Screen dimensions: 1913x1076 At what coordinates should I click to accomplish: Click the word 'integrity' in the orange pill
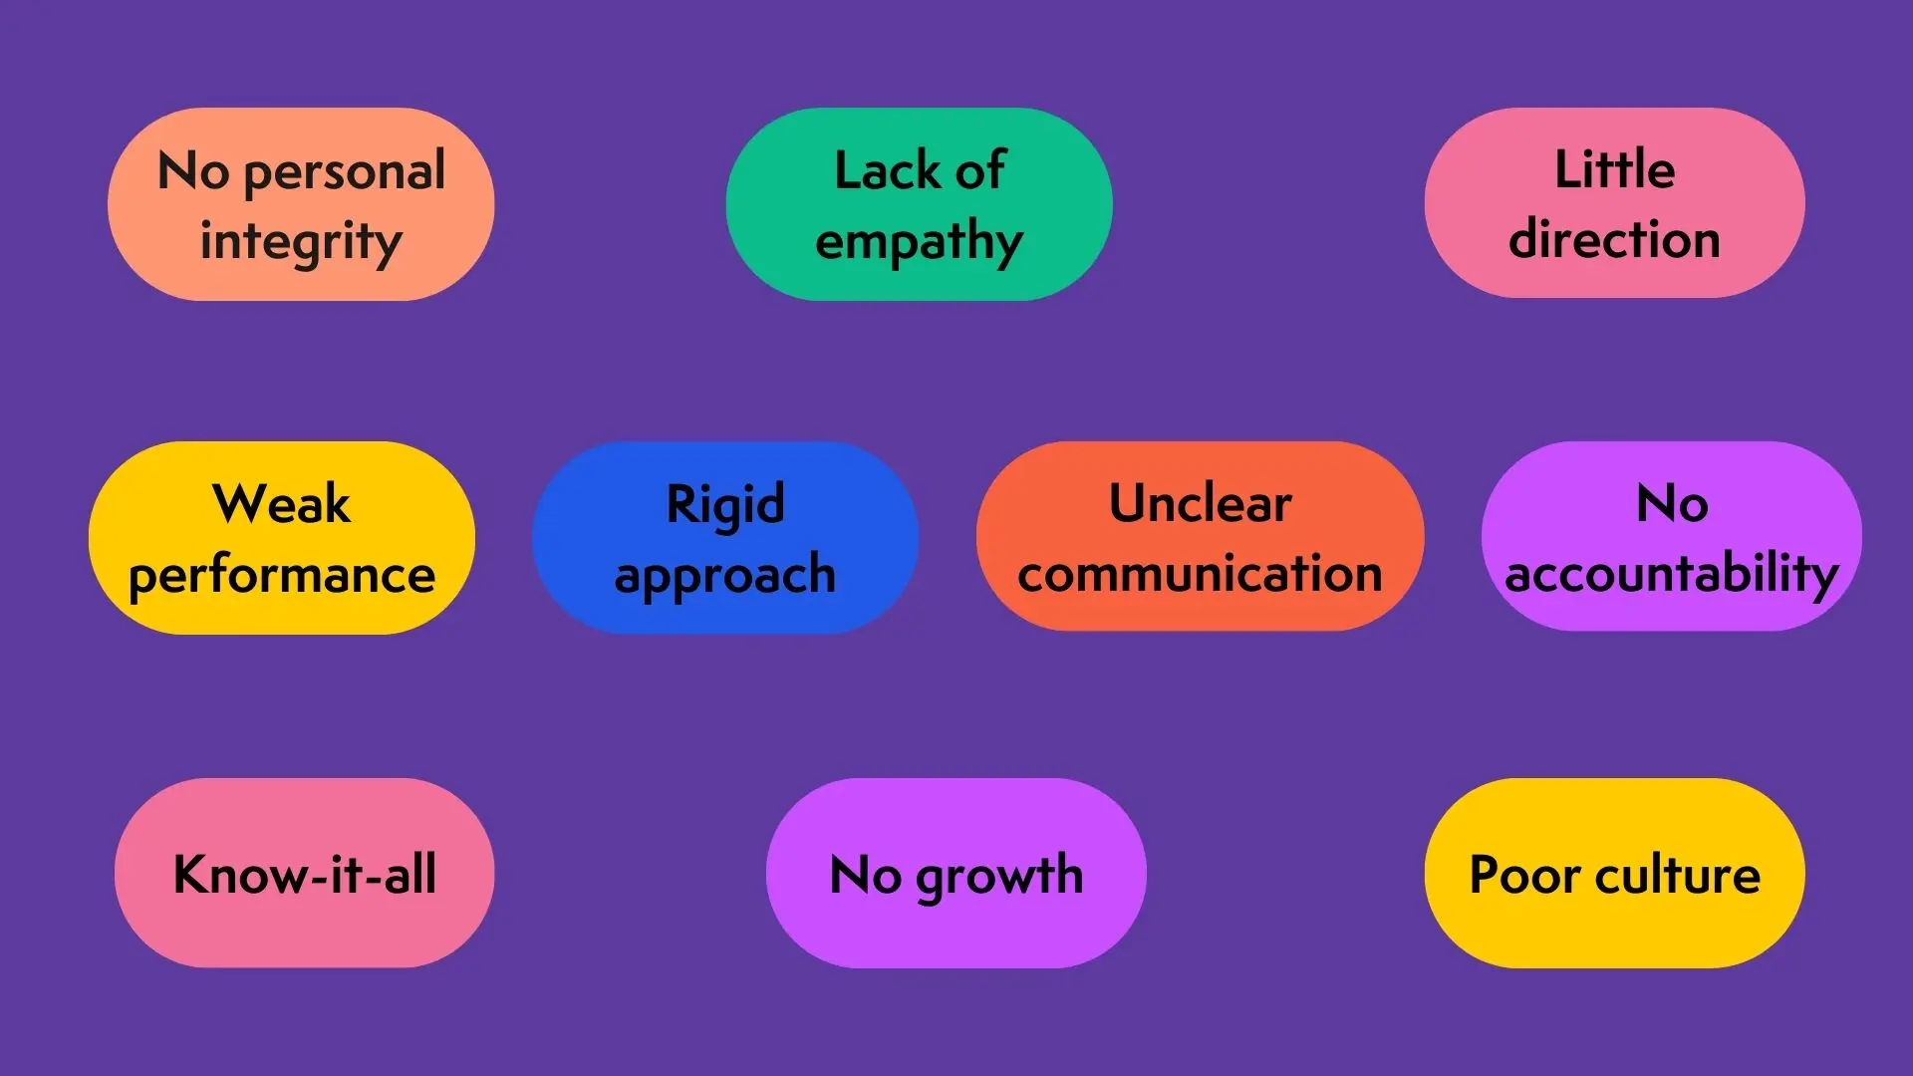[x=301, y=243]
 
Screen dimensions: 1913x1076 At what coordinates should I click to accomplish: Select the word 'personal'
[x=345, y=172]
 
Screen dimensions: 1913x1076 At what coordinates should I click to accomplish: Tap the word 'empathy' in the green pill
[x=919, y=243]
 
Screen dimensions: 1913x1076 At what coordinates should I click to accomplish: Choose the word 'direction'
[x=1614, y=239]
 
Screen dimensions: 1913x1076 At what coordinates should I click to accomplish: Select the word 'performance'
[x=282, y=576]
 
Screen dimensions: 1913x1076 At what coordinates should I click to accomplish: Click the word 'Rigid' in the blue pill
[x=725, y=505]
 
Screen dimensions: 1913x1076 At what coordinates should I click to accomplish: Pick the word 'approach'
[x=725, y=576]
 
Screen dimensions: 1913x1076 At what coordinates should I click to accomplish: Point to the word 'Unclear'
[x=1201, y=503]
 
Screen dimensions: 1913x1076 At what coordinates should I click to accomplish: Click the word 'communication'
[x=1201, y=574]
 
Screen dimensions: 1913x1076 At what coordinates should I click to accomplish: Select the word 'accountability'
[x=1672, y=575]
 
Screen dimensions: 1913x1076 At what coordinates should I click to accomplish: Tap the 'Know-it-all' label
[x=305, y=874]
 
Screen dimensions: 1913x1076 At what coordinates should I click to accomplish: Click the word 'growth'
[x=999, y=877]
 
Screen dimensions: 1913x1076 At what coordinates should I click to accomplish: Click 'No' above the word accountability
[x=1672, y=503]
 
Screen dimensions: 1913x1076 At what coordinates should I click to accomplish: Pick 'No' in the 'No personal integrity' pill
[x=194, y=171]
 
